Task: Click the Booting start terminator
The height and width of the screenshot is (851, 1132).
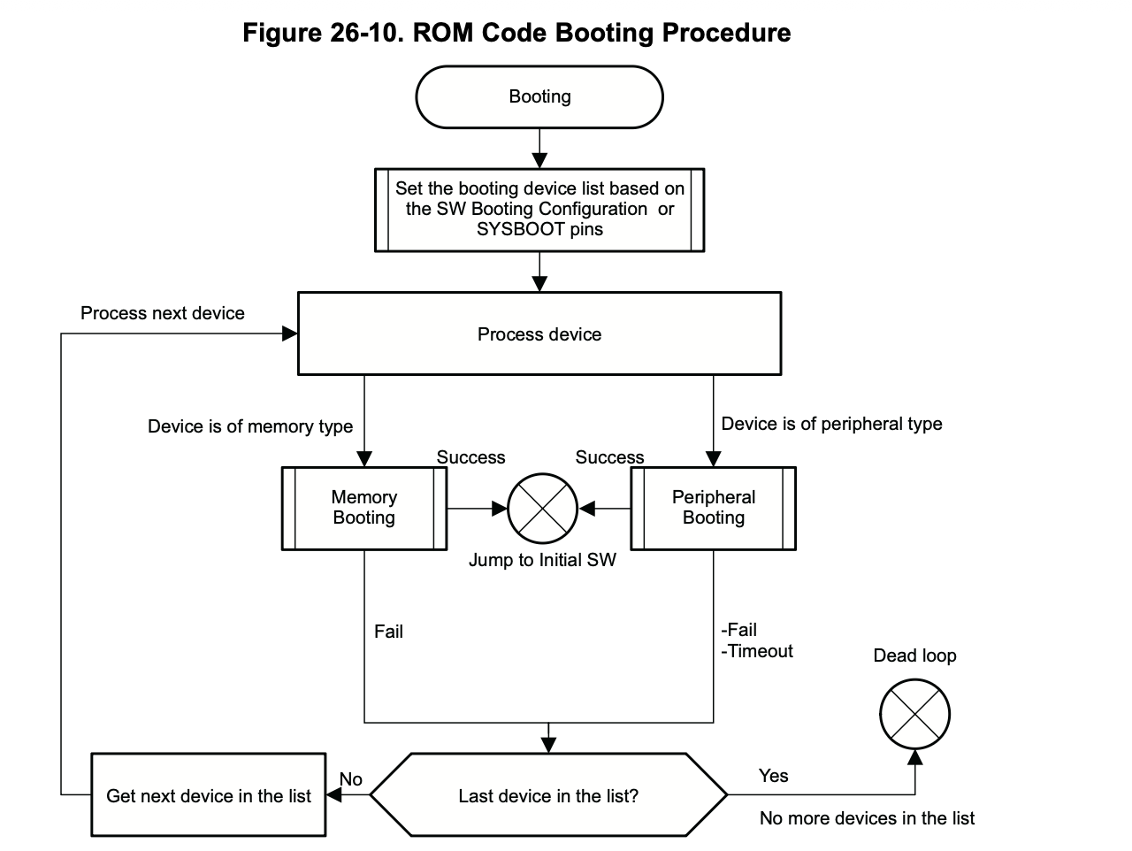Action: click(x=539, y=97)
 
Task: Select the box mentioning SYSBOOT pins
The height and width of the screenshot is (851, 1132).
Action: click(x=539, y=210)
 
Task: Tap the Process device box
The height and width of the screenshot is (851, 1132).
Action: click(x=539, y=333)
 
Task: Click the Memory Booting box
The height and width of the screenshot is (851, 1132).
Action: click(x=364, y=509)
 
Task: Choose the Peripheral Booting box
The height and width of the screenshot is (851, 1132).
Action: click(x=713, y=509)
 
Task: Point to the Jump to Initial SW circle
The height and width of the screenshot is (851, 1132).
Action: click(x=542, y=509)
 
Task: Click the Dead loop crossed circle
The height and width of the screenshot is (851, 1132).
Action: click(x=914, y=714)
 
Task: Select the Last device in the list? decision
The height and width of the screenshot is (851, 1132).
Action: click(x=548, y=794)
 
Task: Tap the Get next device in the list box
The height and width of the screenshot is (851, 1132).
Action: click(x=209, y=794)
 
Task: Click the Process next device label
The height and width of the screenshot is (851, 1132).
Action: click(x=163, y=313)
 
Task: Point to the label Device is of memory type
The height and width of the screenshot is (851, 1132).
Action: click(x=250, y=426)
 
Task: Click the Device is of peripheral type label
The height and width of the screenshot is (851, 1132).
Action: click(x=831, y=424)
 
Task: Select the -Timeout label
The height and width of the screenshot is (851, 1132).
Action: click(x=756, y=651)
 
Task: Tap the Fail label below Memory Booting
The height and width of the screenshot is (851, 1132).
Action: click(x=388, y=632)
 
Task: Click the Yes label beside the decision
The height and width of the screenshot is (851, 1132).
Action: click(x=773, y=776)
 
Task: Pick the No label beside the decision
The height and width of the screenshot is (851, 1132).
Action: click(x=351, y=779)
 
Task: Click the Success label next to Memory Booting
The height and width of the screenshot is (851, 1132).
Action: click(x=470, y=457)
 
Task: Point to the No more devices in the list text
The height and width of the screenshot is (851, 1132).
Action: click(x=867, y=818)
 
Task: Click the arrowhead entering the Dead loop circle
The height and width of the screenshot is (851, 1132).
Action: click(x=914, y=757)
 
